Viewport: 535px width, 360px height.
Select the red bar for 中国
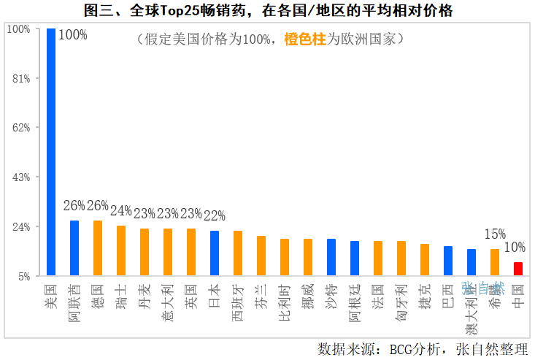coord(518,269)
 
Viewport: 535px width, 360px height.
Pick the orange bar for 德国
coord(98,248)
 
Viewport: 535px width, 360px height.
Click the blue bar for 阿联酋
coord(74,248)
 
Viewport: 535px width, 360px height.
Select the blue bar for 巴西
coord(448,261)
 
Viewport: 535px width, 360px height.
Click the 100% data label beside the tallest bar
coord(72,35)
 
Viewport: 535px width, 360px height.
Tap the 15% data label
coord(495,234)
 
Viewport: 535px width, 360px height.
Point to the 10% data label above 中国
coord(515,248)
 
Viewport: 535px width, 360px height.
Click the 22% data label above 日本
coord(215,216)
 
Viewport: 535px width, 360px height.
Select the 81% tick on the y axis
coord(19,78)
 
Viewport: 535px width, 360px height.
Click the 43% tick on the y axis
coord(19,177)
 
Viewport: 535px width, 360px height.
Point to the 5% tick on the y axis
coord(22,277)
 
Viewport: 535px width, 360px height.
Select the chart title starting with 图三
coord(268,10)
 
